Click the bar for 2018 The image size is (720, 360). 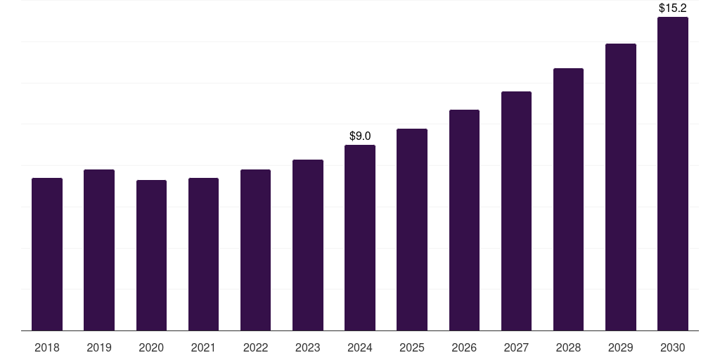click(47, 254)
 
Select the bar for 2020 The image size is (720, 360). click(151, 255)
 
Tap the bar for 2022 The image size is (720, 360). click(255, 250)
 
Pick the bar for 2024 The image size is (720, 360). click(360, 238)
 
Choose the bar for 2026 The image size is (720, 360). click(464, 220)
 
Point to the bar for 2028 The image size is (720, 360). click(568, 199)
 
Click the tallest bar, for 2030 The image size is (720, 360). click(673, 174)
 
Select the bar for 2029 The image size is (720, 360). click(621, 187)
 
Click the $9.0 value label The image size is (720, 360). click(360, 136)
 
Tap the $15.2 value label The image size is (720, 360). click(673, 8)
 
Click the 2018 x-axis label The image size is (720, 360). click(47, 347)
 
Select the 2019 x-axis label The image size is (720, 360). click(99, 347)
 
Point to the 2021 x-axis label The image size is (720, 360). click(203, 347)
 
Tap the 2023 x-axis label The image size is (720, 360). click(308, 347)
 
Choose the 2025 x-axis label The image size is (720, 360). click(412, 347)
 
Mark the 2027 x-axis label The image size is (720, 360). click(516, 347)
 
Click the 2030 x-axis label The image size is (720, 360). click(673, 347)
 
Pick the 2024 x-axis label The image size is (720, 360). click(360, 347)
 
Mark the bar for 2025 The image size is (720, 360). click(412, 229)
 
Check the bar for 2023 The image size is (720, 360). click(308, 245)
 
